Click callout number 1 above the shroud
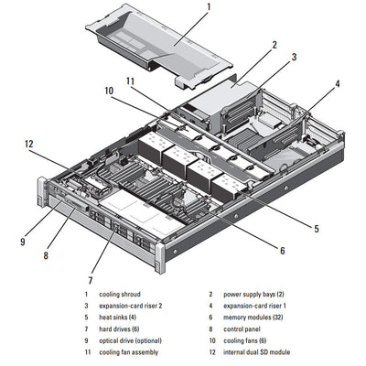click(209, 8)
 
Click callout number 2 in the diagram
click(274, 44)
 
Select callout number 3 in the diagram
click(294, 58)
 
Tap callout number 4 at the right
click(337, 84)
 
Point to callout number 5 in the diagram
click(316, 228)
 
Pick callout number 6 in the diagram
click(282, 250)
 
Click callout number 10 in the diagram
click(109, 91)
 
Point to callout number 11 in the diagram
click(130, 82)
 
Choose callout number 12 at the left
click(28, 144)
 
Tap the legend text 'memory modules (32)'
click(253, 317)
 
